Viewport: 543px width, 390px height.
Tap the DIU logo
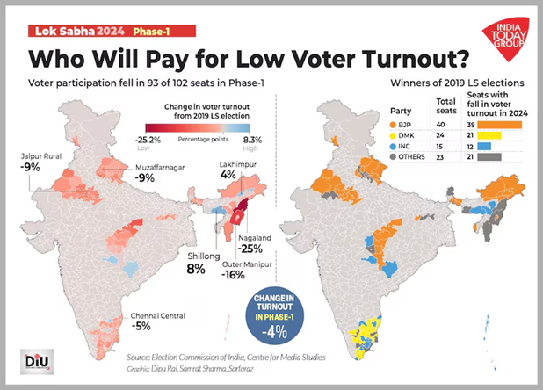[33, 361]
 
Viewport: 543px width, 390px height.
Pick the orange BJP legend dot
[394, 125]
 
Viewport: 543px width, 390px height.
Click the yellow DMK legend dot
[394, 135]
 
